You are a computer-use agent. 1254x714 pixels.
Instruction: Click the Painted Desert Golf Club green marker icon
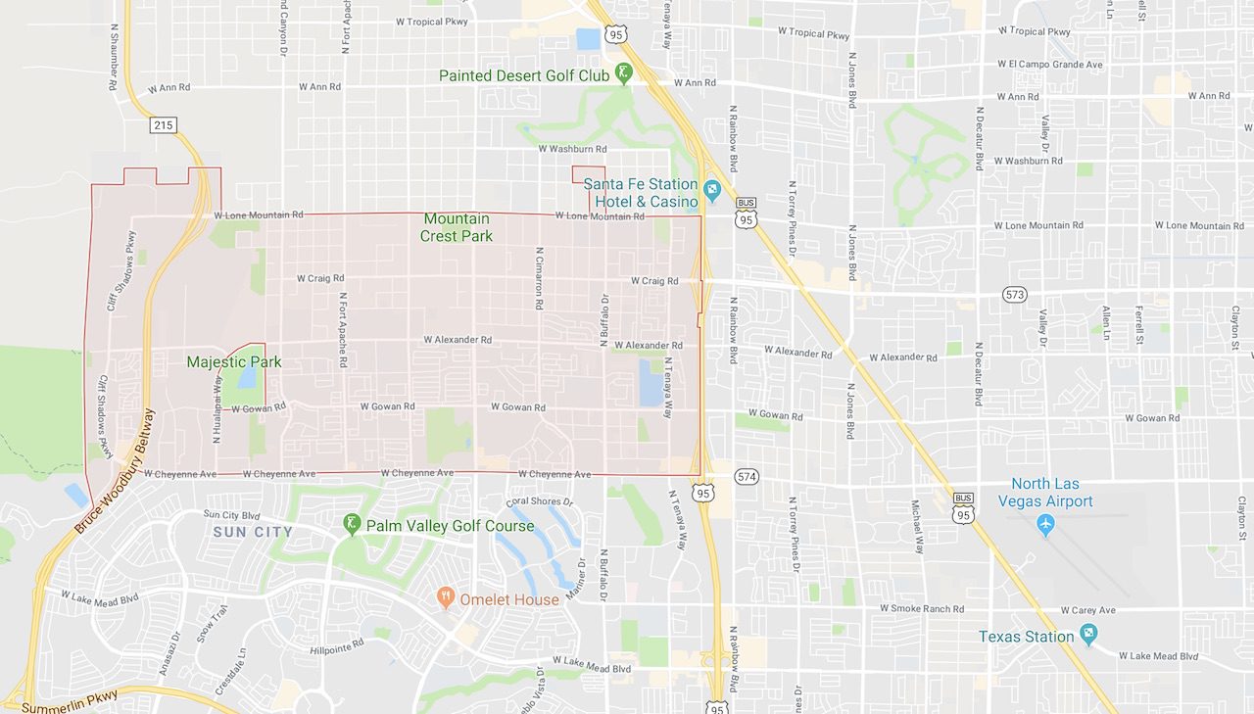click(x=624, y=74)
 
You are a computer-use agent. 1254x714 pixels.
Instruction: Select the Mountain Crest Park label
click(x=457, y=227)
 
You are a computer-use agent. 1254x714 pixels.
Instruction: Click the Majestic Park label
click(x=234, y=361)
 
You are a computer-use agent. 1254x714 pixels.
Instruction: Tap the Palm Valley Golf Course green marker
click(x=352, y=526)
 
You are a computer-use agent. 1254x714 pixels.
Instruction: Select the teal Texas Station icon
click(x=1087, y=637)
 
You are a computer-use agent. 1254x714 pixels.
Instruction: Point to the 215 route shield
click(x=164, y=125)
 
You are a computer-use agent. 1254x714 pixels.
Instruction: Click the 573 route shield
click(x=1015, y=294)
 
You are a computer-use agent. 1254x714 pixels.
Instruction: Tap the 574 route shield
click(x=747, y=476)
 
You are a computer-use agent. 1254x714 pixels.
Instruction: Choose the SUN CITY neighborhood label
click(x=253, y=532)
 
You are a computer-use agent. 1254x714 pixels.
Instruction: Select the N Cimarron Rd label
click(x=539, y=278)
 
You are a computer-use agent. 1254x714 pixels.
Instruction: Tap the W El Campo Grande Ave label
click(x=1050, y=65)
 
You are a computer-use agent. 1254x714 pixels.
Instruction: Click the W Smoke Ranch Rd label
click(x=922, y=608)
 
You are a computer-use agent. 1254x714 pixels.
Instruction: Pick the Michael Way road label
click(x=918, y=527)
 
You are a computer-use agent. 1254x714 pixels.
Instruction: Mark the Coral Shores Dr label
click(x=539, y=501)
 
